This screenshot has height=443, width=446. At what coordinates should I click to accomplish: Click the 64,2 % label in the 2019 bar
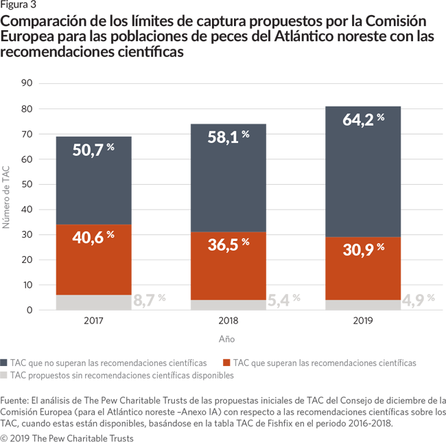(x=363, y=121)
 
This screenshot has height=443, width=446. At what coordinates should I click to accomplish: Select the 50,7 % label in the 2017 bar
(x=93, y=149)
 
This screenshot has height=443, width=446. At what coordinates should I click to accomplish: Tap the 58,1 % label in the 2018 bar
(x=228, y=137)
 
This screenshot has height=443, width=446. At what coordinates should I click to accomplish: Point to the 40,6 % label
(x=93, y=238)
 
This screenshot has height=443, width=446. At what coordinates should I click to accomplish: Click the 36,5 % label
(x=228, y=245)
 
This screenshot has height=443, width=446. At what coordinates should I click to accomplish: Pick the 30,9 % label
(x=363, y=250)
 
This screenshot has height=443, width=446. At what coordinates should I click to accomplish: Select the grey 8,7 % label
(x=150, y=299)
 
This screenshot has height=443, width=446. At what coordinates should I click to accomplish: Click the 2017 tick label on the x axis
(x=93, y=321)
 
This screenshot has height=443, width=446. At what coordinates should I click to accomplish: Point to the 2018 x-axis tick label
(x=228, y=321)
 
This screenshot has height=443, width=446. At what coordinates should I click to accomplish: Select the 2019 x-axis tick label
(x=363, y=321)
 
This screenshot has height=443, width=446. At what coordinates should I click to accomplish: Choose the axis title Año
(x=227, y=339)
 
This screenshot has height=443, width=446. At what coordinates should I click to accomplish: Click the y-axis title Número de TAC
(x=8, y=197)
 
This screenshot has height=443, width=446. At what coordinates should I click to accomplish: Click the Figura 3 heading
(x=19, y=5)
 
